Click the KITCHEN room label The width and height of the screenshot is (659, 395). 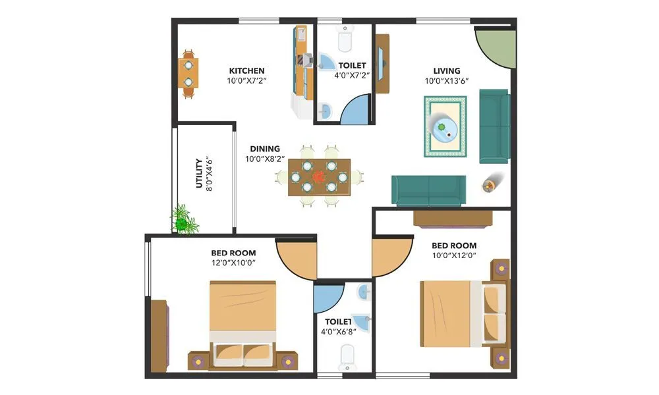click(x=246, y=70)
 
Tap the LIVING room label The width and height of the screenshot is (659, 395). click(x=446, y=70)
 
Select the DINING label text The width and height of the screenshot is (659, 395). click(x=264, y=149)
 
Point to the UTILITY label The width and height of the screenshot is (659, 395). click(x=200, y=173)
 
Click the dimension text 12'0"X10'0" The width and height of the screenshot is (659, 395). click(x=233, y=263)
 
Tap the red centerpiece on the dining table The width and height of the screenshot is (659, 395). click(x=319, y=176)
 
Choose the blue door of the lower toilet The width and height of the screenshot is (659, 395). click(x=328, y=298)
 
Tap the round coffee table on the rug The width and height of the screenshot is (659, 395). click(x=444, y=127)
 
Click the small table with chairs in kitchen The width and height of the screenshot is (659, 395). click(x=188, y=73)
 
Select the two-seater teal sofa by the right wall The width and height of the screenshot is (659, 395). click(x=494, y=126)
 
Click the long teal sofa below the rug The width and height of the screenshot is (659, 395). click(x=429, y=191)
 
